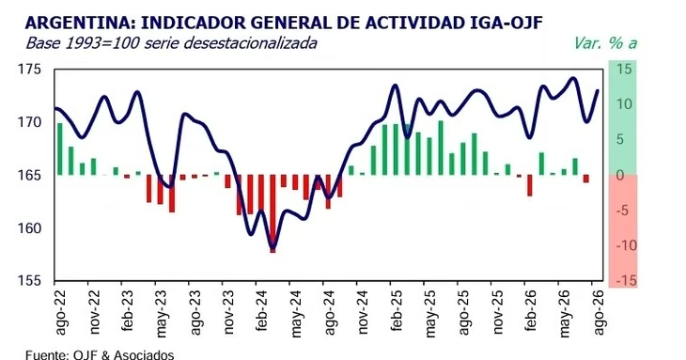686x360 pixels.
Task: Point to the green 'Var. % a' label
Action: [605, 43]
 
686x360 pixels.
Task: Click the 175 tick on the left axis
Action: [29, 70]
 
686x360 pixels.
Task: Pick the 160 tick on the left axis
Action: [29, 227]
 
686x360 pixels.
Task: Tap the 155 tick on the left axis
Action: [29, 280]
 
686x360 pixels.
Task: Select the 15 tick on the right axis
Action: [624, 69]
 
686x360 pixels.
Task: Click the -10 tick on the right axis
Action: [626, 245]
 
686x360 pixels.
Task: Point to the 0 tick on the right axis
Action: [621, 175]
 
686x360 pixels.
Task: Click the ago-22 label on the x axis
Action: [61, 312]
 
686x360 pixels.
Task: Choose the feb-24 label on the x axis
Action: [262, 310]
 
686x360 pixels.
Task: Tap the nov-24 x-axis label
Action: [363, 311]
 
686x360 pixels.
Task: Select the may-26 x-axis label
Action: [565, 313]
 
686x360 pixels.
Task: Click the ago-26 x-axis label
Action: [598, 312]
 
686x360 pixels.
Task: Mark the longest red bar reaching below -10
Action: [273, 213]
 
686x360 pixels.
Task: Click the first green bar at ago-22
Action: [60, 149]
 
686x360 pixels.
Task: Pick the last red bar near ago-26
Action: [586, 179]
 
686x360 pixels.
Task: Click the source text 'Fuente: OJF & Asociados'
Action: [100, 354]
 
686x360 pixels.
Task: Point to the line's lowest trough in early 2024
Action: [273, 247]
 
